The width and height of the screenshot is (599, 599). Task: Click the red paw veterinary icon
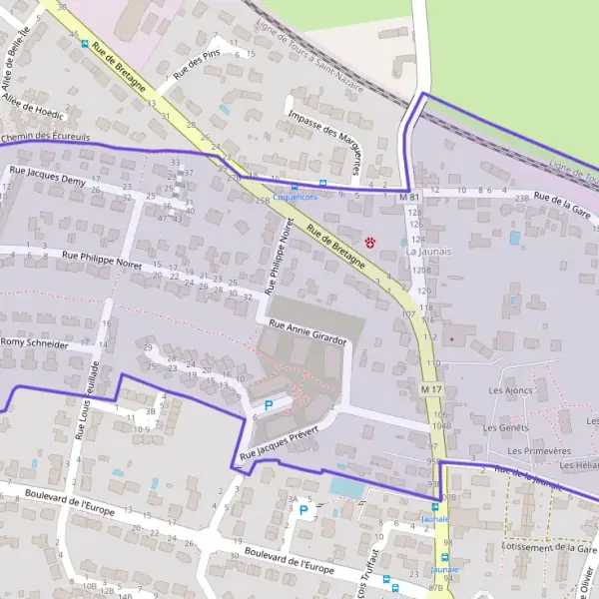(370, 242)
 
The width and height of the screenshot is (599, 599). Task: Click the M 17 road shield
(430, 388)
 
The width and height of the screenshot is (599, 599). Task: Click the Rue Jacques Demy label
(47, 177)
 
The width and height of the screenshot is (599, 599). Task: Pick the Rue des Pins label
(197, 65)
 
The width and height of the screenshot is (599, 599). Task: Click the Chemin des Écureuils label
(46, 137)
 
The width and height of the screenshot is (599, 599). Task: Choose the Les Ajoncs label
(511, 390)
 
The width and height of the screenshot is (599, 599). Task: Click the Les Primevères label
(532, 450)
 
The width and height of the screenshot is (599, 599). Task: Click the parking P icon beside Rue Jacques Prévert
(268, 406)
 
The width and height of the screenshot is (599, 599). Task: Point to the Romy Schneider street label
(35, 343)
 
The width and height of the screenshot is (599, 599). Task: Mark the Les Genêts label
(505, 427)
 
